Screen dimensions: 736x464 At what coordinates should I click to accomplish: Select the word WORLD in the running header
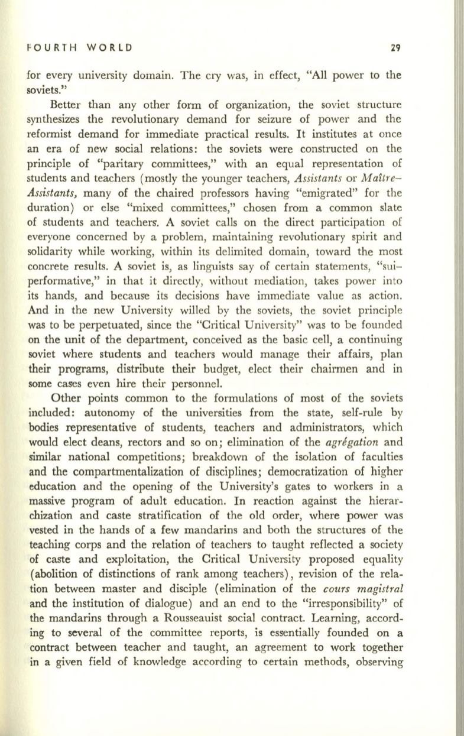pos(112,45)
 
